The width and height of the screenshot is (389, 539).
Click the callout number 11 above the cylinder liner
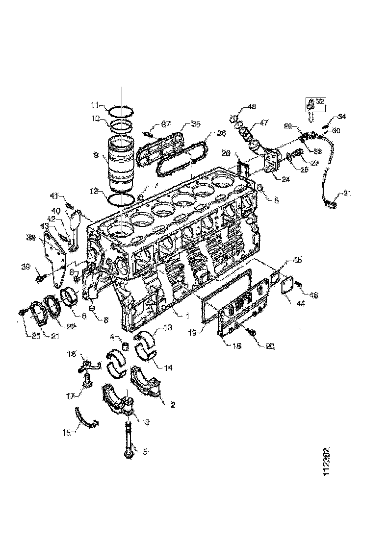[95, 105]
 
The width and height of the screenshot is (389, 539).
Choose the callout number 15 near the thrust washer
[67, 432]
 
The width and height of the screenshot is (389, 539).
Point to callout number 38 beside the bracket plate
[30, 237]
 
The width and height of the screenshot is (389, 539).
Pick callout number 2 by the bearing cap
[172, 405]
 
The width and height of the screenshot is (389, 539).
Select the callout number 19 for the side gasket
[193, 332]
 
